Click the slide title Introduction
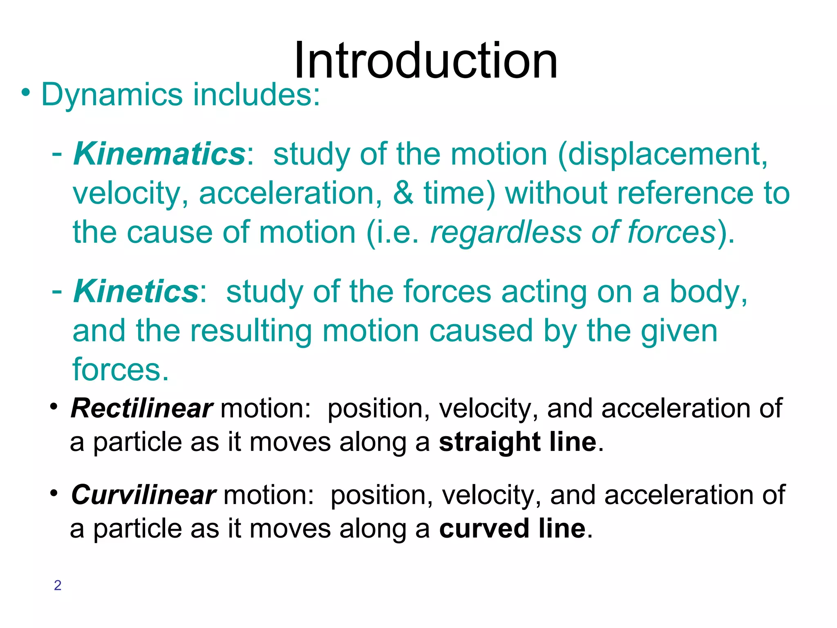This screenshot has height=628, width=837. (x=425, y=61)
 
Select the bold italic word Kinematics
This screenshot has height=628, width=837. (x=159, y=154)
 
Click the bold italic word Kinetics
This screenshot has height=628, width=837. (x=136, y=292)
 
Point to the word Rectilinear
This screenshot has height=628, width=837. (x=141, y=408)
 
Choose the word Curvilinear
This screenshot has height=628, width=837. (x=143, y=495)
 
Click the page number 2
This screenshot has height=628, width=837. (x=58, y=585)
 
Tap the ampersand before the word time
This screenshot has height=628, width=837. (x=403, y=193)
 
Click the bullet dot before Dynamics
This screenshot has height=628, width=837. (x=26, y=93)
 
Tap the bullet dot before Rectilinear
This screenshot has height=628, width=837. (x=54, y=407)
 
